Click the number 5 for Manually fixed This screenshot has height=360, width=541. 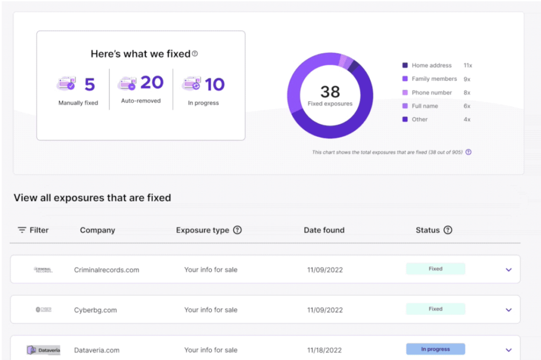[x=89, y=84]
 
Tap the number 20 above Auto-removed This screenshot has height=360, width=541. [x=152, y=83]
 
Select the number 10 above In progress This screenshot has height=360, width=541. [x=214, y=84]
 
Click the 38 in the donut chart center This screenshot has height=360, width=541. [x=330, y=92]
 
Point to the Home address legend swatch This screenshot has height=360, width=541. [x=405, y=65]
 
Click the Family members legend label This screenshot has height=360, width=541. [x=434, y=79]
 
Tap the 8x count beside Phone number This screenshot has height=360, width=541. [x=467, y=92]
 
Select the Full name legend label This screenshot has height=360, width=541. [x=425, y=106]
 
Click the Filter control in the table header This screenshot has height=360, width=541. [x=33, y=230]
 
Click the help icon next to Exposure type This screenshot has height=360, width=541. [x=237, y=230]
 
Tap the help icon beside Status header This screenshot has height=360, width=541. [x=448, y=230]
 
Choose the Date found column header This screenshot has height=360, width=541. [x=324, y=230]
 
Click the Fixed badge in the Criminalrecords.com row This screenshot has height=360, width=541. [x=435, y=269]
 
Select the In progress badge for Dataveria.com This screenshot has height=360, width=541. [x=435, y=349]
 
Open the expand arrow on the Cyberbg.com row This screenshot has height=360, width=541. [x=509, y=310]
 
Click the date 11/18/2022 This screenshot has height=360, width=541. [x=325, y=350]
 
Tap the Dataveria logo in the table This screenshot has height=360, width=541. [x=44, y=350]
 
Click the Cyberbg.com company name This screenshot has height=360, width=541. [x=95, y=310]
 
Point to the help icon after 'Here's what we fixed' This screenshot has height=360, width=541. [x=195, y=53]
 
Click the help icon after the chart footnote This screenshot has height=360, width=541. [x=468, y=152]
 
